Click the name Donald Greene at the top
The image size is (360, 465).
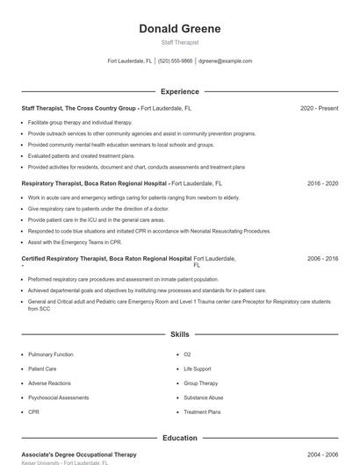[x=180, y=29]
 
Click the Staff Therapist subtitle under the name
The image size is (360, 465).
[x=180, y=42]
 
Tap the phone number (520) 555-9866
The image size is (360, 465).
[x=175, y=61]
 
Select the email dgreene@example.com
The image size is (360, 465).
[x=225, y=61]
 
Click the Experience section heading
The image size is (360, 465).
[x=180, y=91]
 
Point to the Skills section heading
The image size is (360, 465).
[x=180, y=334]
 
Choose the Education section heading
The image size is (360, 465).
[x=180, y=438]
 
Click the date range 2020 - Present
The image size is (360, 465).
[x=319, y=108]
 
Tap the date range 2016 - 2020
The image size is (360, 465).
[x=322, y=184]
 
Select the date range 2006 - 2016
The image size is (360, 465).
[x=322, y=260]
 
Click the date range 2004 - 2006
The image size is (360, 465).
[x=322, y=454]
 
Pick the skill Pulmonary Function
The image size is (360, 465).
[x=51, y=354]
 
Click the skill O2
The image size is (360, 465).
[x=187, y=354]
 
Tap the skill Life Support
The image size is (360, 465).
[x=197, y=369]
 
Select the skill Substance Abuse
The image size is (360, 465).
[x=203, y=397]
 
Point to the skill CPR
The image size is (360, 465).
[x=33, y=411]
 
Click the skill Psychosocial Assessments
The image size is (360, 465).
[x=58, y=397]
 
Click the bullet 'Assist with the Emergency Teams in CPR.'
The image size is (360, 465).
[x=74, y=241]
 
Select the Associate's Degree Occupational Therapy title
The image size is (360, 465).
[x=79, y=454]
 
